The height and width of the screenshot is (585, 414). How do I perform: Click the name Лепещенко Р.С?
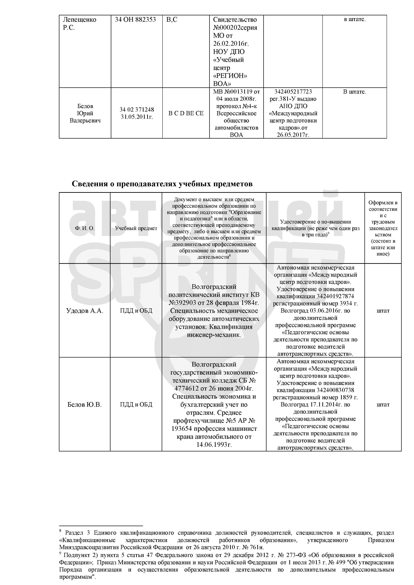(80, 24)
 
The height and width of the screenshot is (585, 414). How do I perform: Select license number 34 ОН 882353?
(135, 20)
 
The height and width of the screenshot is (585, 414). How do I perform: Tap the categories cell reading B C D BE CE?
(186, 113)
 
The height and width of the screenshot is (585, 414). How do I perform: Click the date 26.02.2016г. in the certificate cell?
(231, 44)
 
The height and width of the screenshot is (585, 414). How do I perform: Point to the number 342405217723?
(293, 92)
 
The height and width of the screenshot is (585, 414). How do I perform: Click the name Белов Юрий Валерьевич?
(85, 113)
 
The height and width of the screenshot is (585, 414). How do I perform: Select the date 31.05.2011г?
(137, 117)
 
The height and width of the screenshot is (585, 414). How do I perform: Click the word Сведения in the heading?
(90, 184)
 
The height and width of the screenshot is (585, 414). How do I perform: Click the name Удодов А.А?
(85, 311)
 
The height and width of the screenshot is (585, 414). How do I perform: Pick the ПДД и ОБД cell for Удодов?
(136, 311)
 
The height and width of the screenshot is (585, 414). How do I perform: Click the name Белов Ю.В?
(85, 404)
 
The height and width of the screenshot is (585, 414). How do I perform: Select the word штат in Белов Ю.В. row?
(383, 404)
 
